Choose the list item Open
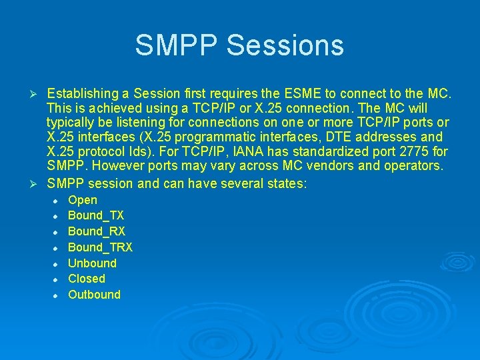click(83, 200)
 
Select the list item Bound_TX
click(96, 216)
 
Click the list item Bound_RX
click(97, 231)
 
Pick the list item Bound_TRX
click(100, 247)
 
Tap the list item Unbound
click(92, 263)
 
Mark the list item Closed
click(87, 279)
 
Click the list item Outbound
click(94, 295)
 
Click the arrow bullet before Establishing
click(38, 93)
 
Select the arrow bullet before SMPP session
click(38, 183)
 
